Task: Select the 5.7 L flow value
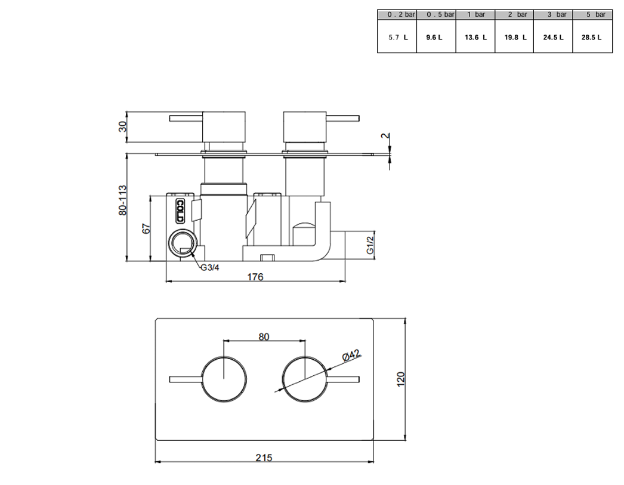pos(398,38)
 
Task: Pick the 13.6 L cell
pos(475,38)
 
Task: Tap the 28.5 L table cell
pos(591,38)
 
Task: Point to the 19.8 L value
pos(515,38)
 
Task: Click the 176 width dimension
pos(255,277)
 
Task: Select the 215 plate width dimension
pos(264,458)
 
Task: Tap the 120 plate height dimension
pos(400,378)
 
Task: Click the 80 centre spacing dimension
pos(264,336)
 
